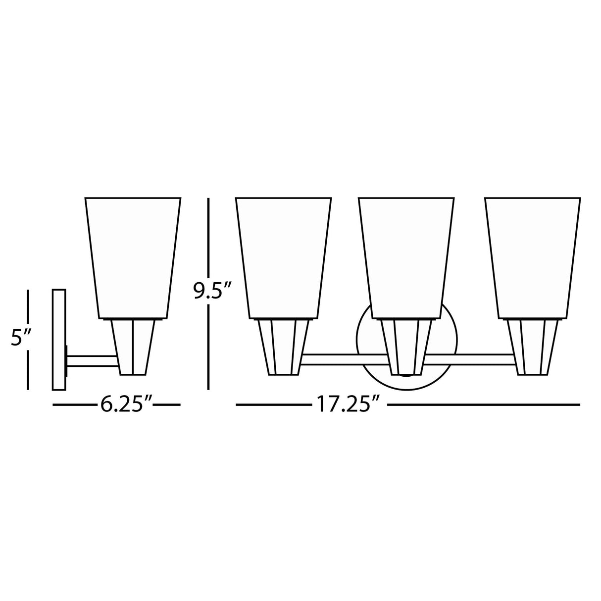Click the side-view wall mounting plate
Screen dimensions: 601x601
[59, 340]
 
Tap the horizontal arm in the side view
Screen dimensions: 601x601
[92, 361]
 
